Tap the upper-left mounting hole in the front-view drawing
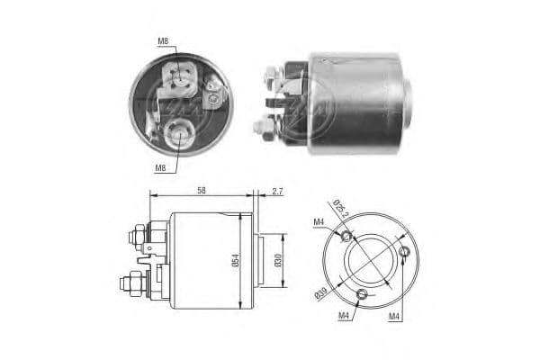point(347,236)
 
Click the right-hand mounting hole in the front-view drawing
point(406,252)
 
